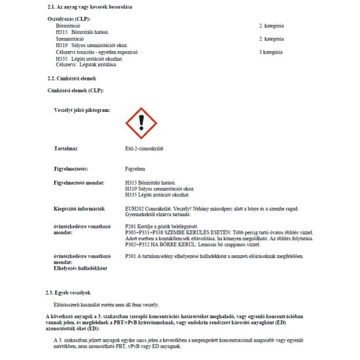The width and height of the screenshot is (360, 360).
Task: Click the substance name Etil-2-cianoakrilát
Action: [143, 149]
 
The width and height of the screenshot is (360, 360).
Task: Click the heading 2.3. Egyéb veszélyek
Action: [68, 292]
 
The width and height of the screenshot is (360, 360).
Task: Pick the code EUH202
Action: [134, 208]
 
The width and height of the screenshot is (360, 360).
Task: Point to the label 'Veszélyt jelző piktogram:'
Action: [82, 111]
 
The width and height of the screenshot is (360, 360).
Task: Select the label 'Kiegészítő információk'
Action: [79, 208]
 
